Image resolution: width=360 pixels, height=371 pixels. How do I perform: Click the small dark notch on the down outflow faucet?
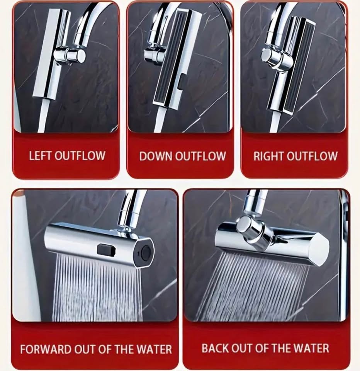(182, 82)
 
